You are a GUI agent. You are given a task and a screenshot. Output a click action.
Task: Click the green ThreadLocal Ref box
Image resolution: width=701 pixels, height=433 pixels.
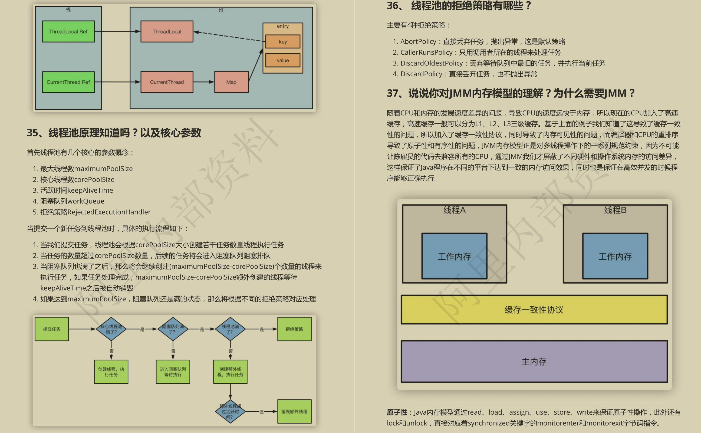click(68, 31)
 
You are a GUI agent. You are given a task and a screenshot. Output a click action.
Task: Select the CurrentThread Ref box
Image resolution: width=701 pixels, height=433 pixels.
click(68, 82)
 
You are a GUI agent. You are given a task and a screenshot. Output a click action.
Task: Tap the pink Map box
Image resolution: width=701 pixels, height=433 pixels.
click(231, 82)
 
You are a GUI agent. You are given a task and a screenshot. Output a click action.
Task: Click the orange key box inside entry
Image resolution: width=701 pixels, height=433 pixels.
click(283, 42)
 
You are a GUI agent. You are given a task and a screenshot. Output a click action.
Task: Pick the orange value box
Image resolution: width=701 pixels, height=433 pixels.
click(283, 60)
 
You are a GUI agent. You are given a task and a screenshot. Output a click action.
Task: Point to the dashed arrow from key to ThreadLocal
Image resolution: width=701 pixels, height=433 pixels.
click(229, 36)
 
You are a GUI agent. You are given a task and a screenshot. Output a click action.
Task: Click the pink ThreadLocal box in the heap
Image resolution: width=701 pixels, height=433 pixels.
click(167, 31)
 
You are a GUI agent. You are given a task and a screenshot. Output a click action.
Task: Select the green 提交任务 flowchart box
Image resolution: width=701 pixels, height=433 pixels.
click(52, 329)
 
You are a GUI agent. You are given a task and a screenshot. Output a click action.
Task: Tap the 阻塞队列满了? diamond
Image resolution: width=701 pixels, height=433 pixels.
click(173, 329)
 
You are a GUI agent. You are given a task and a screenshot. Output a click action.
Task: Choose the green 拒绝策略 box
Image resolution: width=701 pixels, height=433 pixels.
click(294, 329)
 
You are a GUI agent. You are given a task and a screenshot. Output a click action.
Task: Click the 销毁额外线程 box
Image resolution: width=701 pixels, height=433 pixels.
click(294, 412)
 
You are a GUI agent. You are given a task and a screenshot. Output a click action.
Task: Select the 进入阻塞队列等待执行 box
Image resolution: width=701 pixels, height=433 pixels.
click(173, 372)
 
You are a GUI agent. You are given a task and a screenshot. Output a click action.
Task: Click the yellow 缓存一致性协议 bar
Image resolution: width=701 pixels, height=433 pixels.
click(534, 310)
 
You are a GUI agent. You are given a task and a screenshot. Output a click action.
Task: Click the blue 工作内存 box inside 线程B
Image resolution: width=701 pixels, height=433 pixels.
click(615, 256)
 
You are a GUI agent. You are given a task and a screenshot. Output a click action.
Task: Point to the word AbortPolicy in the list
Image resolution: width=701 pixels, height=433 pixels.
click(418, 41)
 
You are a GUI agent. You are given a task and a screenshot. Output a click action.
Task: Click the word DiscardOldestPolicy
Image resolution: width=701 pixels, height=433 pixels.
click(431, 63)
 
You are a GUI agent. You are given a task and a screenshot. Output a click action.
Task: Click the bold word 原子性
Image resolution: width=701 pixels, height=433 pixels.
click(397, 412)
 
